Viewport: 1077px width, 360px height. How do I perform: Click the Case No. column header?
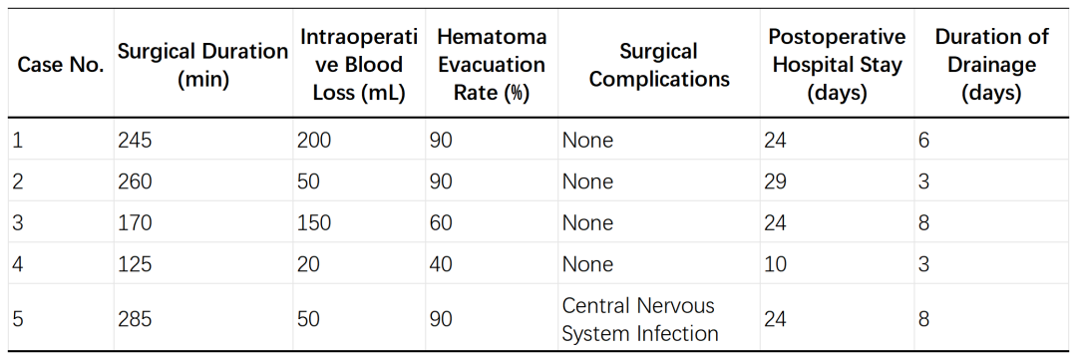click(x=61, y=65)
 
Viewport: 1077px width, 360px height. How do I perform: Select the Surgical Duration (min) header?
click(x=202, y=65)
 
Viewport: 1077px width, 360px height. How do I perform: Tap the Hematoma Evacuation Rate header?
click(x=492, y=65)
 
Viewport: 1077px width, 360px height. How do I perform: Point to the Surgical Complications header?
click(x=659, y=65)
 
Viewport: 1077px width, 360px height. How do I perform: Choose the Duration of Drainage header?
click(x=991, y=65)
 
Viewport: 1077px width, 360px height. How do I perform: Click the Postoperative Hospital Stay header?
click(x=837, y=65)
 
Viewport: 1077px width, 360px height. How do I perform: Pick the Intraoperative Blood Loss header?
click(x=359, y=65)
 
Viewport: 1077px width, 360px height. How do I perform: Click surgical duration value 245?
click(x=134, y=141)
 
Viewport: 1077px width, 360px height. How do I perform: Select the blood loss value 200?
click(x=314, y=141)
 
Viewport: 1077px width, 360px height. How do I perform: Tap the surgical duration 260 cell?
click(x=135, y=181)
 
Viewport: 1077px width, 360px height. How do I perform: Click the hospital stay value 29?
click(x=775, y=181)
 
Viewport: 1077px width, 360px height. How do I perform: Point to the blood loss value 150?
click(x=314, y=222)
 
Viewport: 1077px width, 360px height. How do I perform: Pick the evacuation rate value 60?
click(x=441, y=222)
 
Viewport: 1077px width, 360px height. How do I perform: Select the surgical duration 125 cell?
click(x=134, y=264)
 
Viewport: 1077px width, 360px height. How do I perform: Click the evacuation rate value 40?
click(x=441, y=264)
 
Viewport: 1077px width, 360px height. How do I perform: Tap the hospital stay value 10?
click(x=775, y=264)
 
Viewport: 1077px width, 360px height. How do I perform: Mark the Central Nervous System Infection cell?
click(x=640, y=319)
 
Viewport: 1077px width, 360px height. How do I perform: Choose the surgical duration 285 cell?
click(x=135, y=319)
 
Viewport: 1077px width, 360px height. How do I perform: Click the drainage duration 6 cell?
click(x=923, y=141)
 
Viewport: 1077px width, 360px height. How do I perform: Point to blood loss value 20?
click(x=308, y=264)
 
